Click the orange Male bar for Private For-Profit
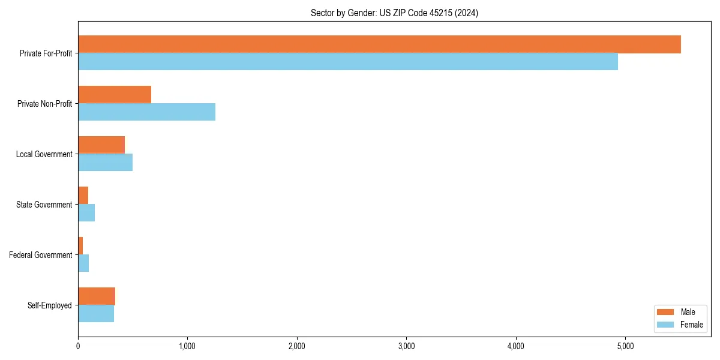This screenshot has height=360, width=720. [x=379, y=44]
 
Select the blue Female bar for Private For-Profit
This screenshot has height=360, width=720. [x=348, y=62]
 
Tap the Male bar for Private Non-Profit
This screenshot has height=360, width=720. [x=115, y=95]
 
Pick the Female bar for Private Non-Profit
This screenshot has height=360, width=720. [x=146, y=112]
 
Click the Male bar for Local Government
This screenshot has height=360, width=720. [x=101, y=145]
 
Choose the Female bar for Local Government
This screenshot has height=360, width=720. [x=105, y=163]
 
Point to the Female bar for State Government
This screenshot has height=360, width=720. [x=86, y=213]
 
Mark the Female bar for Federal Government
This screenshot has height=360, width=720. [x=83, y=263]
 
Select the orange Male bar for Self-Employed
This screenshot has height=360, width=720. [x=97, y=296]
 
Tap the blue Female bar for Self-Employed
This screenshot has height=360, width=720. [x=96, y=314]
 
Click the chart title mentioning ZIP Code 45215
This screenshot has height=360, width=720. [x=394, y=13]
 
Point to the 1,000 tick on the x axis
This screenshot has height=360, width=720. [x=187, y=346]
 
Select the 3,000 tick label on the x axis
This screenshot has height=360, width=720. [x=406, y=346]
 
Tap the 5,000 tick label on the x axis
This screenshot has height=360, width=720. [x=625, y=346]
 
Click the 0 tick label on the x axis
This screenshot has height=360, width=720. [x=78, y=346]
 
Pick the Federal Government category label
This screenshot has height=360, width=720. [x=41, y=255]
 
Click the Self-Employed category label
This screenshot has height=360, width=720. [x=50, y=305]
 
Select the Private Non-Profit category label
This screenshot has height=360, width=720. [x=44, y=104]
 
